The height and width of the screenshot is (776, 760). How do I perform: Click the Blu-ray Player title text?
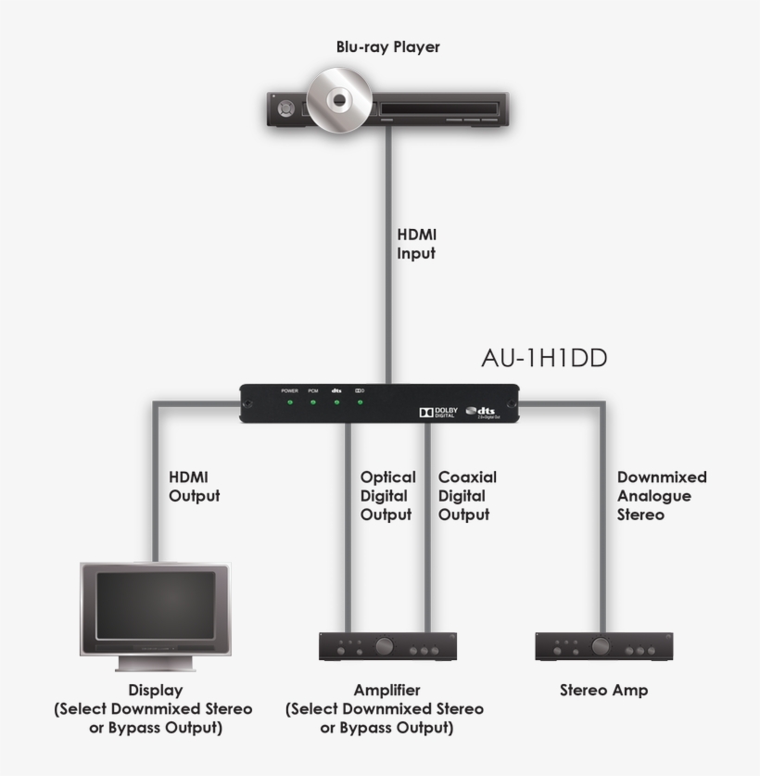click(x=387, y=47)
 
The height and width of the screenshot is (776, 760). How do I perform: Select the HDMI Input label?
click(x=416, y=244)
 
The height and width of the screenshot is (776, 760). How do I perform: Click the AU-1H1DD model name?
click(x=543, y=357)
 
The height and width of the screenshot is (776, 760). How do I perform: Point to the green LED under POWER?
click(x=289, y=402)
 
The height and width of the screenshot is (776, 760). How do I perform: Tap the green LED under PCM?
click(x=313, y=402)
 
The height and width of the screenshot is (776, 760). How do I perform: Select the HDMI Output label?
click(x=194, y=486)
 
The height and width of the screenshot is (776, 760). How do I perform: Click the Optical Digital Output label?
click(x=387, y=495)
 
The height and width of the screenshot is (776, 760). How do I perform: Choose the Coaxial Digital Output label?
click(x=467, y=495)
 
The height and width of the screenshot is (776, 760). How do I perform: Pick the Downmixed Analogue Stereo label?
click(x=661, y=495)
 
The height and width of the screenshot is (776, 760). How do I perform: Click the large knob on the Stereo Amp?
click(x=602, y=645)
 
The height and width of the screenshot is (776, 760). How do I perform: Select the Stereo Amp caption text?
click(x=603, y=690)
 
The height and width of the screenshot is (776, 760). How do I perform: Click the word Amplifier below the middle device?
click(x=386, y=690)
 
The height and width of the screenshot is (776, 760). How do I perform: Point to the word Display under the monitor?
click(x=155, y=690)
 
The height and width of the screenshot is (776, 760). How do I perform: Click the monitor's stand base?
click(x=156, y=663)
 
